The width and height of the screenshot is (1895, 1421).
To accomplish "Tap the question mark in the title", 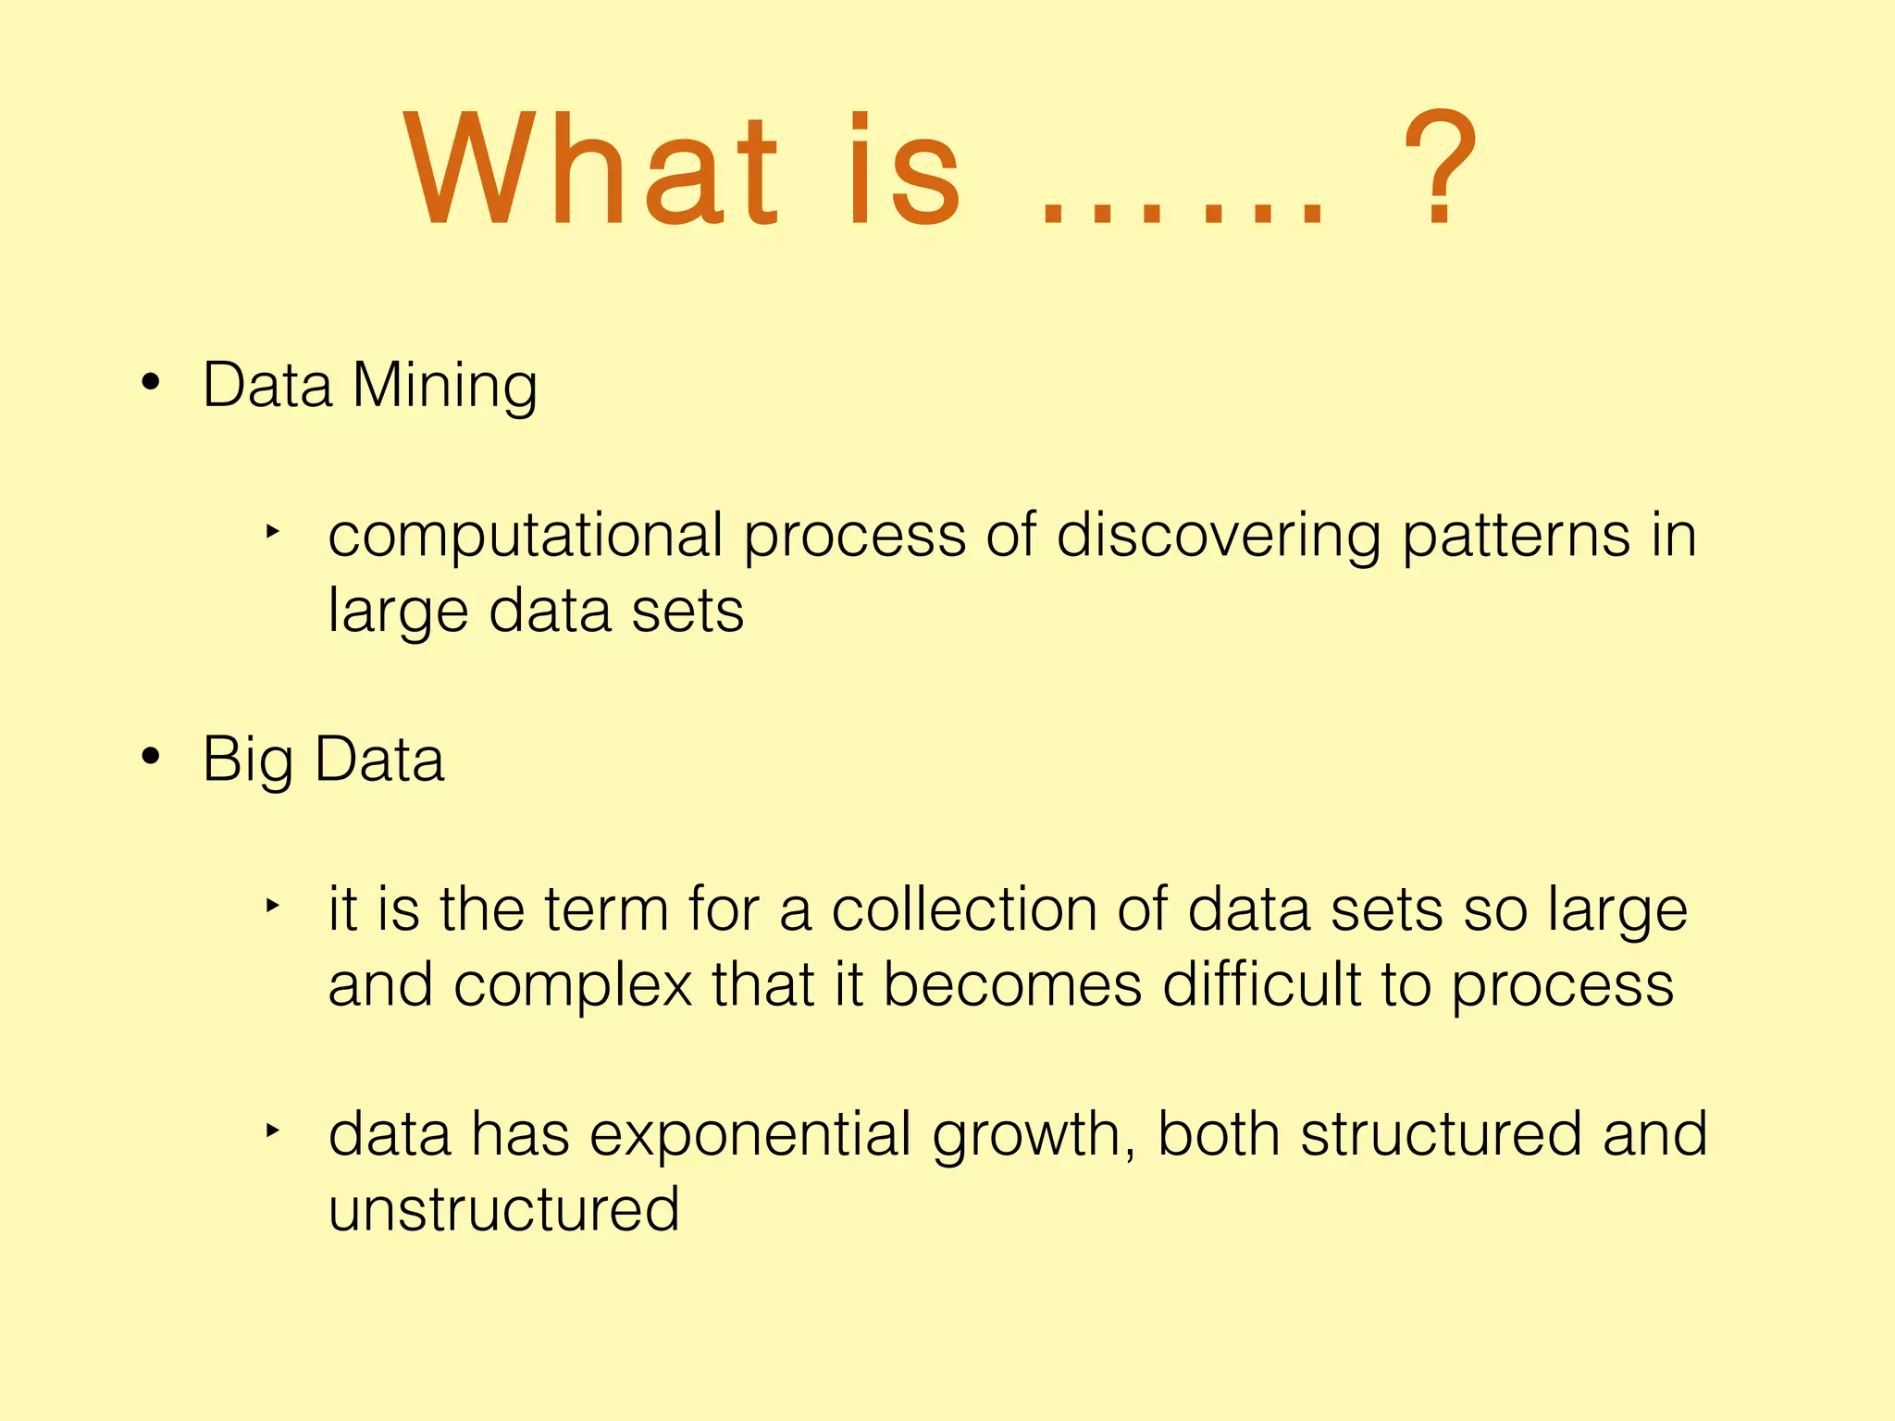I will [x=1440, y=168].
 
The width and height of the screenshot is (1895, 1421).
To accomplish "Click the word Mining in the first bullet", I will [x=444, y=386].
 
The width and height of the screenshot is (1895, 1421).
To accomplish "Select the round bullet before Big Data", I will [x=151, y=757].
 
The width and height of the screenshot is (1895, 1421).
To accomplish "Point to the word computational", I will [x=526, y=537].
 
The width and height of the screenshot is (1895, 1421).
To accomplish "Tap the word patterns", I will [x=1516, y=537].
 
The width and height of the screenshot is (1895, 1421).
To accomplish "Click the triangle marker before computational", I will [x=271, y=531].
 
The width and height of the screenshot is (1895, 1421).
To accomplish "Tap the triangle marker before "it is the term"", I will [x=271, y=906].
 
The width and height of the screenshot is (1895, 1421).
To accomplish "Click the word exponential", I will [x=750, y=1135].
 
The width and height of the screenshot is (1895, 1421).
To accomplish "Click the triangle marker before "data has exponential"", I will [x=271, y=1130].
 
